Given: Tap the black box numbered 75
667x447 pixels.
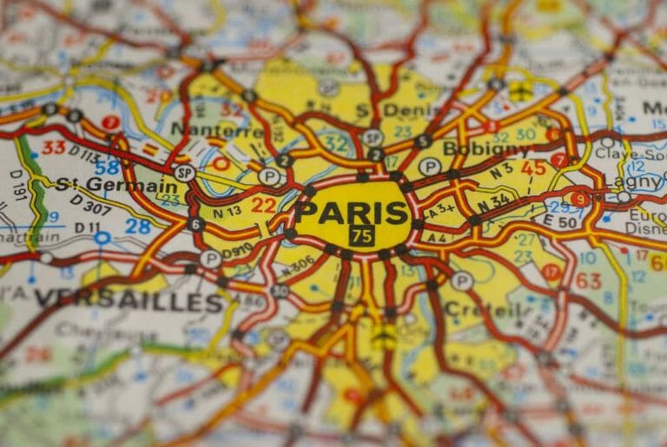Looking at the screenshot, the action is point(361,235).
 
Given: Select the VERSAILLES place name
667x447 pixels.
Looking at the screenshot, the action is point(129,301).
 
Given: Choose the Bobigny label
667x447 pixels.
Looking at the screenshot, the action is point(485,148).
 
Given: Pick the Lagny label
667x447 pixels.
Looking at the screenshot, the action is point(637,183).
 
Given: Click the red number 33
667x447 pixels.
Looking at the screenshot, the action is point(54,148).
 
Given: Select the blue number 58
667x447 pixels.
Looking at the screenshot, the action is point(107,168).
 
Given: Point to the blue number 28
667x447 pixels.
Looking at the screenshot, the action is point(138,227).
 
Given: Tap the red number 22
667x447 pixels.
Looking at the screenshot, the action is point(263,205).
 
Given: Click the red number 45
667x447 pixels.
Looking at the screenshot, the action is point(533,168).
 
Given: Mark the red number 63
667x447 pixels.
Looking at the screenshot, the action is point(588,280).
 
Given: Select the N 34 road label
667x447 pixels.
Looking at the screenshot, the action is point(496,202).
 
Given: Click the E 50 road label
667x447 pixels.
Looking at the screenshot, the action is point(568,222).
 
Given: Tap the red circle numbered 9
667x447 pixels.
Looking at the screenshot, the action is point(579,199).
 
